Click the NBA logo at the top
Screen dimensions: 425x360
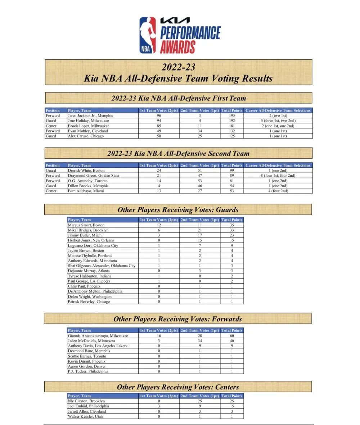pos(148,35)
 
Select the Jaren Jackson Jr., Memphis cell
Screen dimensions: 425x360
pos(90,116)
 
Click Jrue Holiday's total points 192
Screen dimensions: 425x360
pos(232,121)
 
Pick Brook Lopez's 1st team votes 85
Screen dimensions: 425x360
pos(158,126)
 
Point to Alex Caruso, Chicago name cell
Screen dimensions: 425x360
pos(86,136)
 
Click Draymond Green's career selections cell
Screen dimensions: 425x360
pos(278,176)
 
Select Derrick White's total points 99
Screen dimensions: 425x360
pos(232,171)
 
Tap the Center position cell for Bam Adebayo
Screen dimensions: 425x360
pos(51,191)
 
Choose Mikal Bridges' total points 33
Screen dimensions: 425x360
pos(232,230)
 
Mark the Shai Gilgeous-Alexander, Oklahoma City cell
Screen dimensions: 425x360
pos(102,266)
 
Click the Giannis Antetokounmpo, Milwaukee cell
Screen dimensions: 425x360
pos(98,336)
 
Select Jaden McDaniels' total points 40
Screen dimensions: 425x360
pos(232,341)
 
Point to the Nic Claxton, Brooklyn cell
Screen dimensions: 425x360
pos(86,401)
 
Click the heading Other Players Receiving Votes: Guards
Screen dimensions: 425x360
pos(178,210)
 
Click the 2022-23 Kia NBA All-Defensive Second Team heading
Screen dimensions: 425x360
pos(178,153)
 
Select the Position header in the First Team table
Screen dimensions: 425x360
pos(53,110)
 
